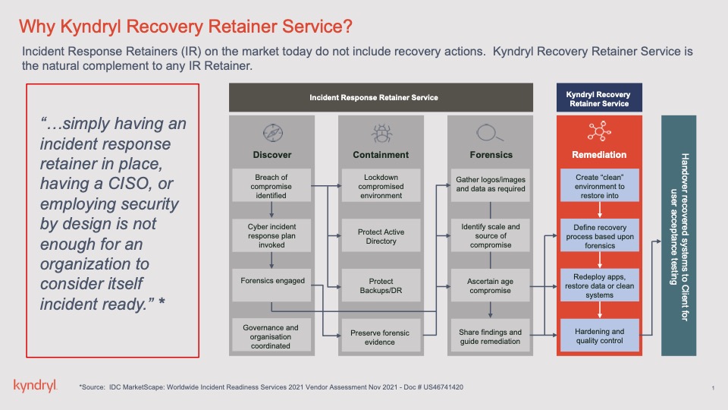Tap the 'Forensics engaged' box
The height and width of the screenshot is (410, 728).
pos(271,281)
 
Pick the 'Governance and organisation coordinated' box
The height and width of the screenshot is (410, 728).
pos(271,336)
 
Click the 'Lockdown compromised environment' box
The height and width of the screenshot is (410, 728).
pos(381,185)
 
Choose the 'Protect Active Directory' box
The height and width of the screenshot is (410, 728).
pos(381,236)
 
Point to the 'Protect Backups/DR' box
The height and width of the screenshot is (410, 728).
pos(381,285)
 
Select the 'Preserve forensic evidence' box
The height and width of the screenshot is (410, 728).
pos(381,337)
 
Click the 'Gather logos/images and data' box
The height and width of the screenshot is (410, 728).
pos(491,184)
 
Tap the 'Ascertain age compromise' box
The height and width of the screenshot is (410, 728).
pos(491,285)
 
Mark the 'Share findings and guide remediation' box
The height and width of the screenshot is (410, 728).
pos(491,337)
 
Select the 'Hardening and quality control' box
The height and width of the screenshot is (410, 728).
pos(600,336)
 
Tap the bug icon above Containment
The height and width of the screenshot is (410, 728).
pos(381,134)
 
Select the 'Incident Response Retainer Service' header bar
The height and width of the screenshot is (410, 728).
pos(374,98)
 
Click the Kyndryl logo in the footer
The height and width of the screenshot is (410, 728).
pos(35,386)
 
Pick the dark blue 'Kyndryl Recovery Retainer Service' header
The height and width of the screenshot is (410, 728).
pos(600,99)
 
